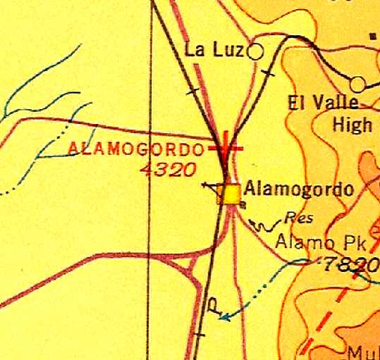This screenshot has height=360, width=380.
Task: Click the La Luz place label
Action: (214, 50)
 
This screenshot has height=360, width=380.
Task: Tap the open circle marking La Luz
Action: (255, 51)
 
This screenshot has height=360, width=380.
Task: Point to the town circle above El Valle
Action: (357, 85)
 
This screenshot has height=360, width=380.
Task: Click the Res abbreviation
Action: (298, 218)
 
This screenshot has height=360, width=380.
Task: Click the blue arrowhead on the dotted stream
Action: (224, 316)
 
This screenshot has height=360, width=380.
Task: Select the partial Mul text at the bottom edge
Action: (362, 353)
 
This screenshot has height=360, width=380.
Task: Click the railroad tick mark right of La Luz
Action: (267, 73)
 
